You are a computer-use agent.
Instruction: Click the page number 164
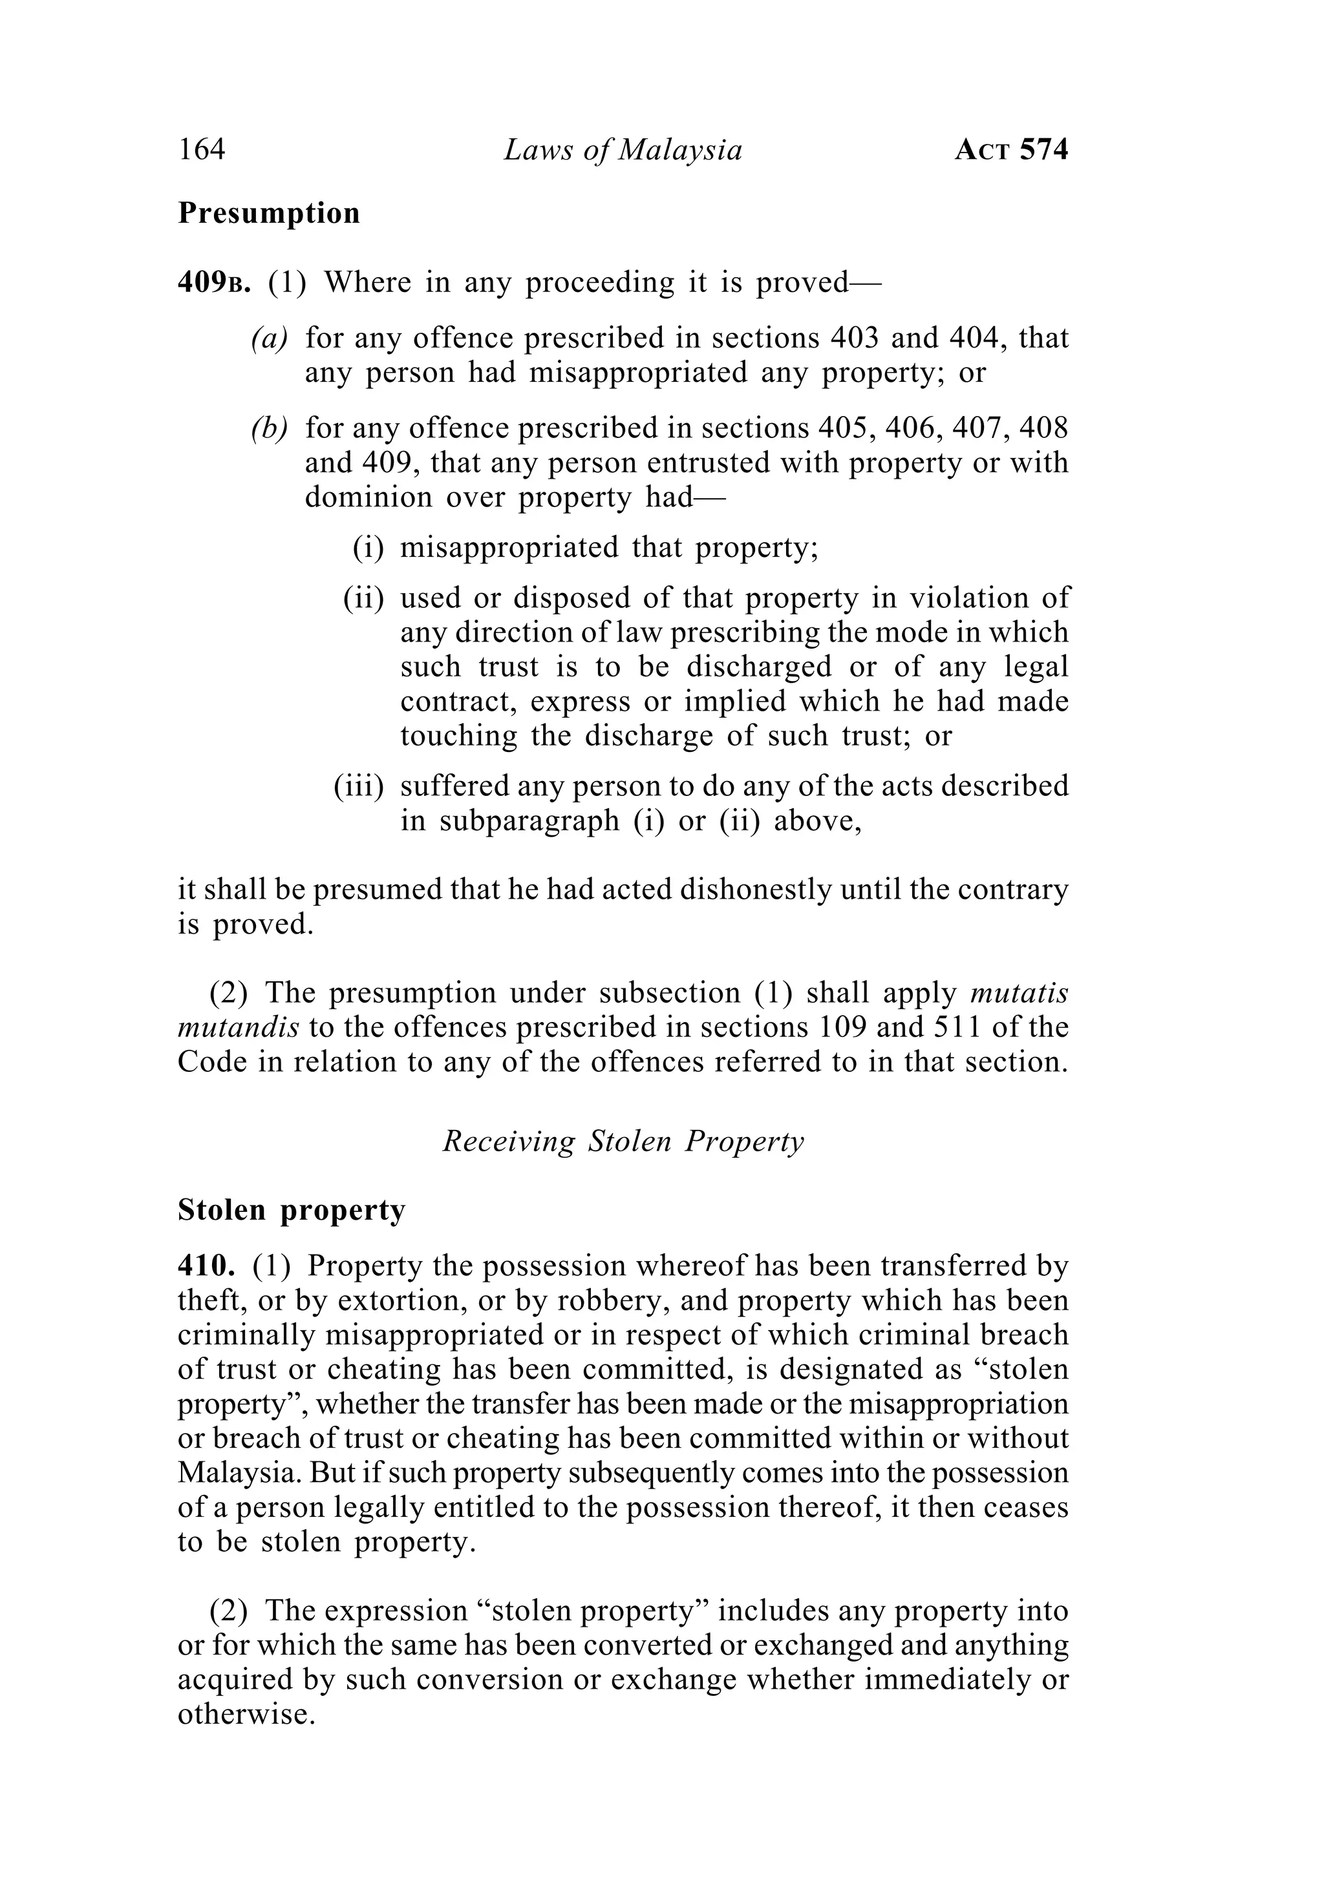[x=202, y=150]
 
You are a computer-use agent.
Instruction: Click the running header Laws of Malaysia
[x=623, y=150]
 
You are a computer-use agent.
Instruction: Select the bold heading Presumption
[x=269, y=213]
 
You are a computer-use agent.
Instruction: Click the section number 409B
[x=214, y=282]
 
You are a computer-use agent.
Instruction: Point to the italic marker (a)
[x=270, y=338]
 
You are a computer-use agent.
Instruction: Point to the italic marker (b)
[x=270, y=428]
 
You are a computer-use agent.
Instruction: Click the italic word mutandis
[x=238, y=1028]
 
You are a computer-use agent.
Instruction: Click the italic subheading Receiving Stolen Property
[x=623, y=1142]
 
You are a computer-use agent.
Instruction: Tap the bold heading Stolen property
[x=292, y=1210]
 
